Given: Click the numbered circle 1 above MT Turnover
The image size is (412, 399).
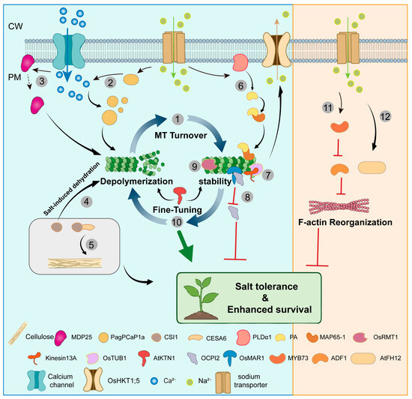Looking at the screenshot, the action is (x=178, y=119).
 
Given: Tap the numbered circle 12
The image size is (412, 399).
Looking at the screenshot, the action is (x=385, y=116).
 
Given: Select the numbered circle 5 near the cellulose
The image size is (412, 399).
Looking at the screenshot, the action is (x=91, y=244).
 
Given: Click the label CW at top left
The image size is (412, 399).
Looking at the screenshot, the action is (x=16, y=26).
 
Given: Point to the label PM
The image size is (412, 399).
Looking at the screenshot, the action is (x=15, y=77).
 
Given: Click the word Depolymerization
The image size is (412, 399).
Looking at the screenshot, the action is (x=136, y=181).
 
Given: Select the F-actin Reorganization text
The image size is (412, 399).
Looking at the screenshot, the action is (x=345, y=223).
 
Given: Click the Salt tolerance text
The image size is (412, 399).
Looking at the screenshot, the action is (x=267, y=286).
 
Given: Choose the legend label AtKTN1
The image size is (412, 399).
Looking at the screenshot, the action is (x=164, y=358).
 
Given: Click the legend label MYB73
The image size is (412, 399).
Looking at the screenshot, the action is (x=298, y=358).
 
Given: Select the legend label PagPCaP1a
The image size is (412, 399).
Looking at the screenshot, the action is (x=127, y=337).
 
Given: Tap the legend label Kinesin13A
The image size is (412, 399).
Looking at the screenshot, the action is (x=61, y=358).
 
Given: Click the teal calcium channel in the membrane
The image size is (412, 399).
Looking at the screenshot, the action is (x=69, y=51).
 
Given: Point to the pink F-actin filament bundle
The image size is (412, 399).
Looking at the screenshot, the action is (x=339, y=206).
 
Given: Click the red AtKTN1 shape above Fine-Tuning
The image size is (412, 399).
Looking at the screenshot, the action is (x=181, y=195).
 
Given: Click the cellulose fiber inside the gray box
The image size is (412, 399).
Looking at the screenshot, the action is (x=75, y=263).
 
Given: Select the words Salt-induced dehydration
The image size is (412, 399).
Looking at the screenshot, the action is (x=72, y=189).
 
